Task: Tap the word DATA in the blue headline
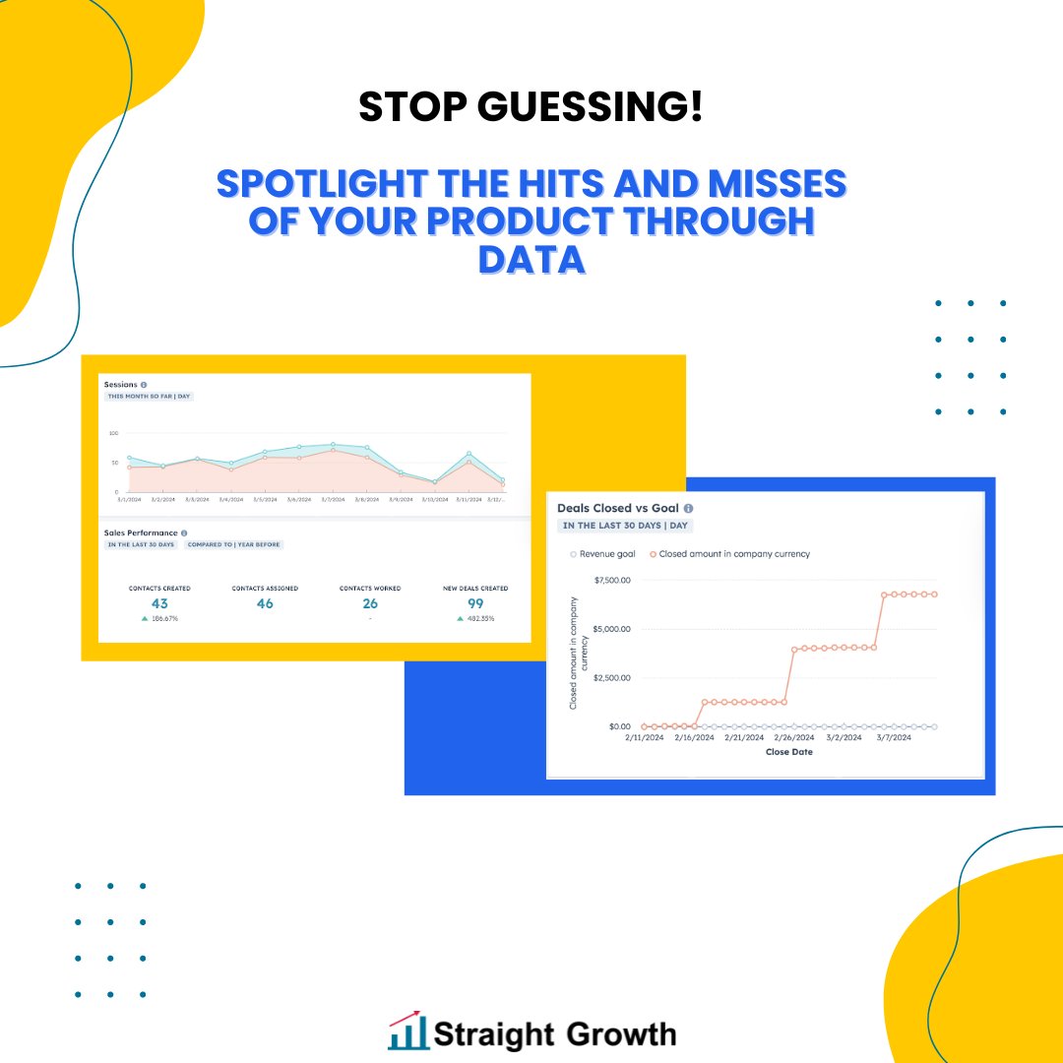coord(531,259)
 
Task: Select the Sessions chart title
coord(121,385)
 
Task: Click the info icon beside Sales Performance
coord(184,532)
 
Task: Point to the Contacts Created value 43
coord(159,603)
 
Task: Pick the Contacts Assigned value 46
coord(265,603)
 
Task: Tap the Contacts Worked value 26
coord(370,603)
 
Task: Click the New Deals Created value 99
coord(475,603)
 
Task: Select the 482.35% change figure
coord(481,619)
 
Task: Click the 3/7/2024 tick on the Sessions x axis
coord(333,499)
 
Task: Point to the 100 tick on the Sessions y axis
coord(113,433)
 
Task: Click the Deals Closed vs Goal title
coord(618,508)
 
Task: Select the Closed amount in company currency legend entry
coord(729,554)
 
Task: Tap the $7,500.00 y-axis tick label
coord(612,580)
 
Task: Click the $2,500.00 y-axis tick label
coord(612,677)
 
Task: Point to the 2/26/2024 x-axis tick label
coord(794,736)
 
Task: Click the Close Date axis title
coord(788,752)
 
